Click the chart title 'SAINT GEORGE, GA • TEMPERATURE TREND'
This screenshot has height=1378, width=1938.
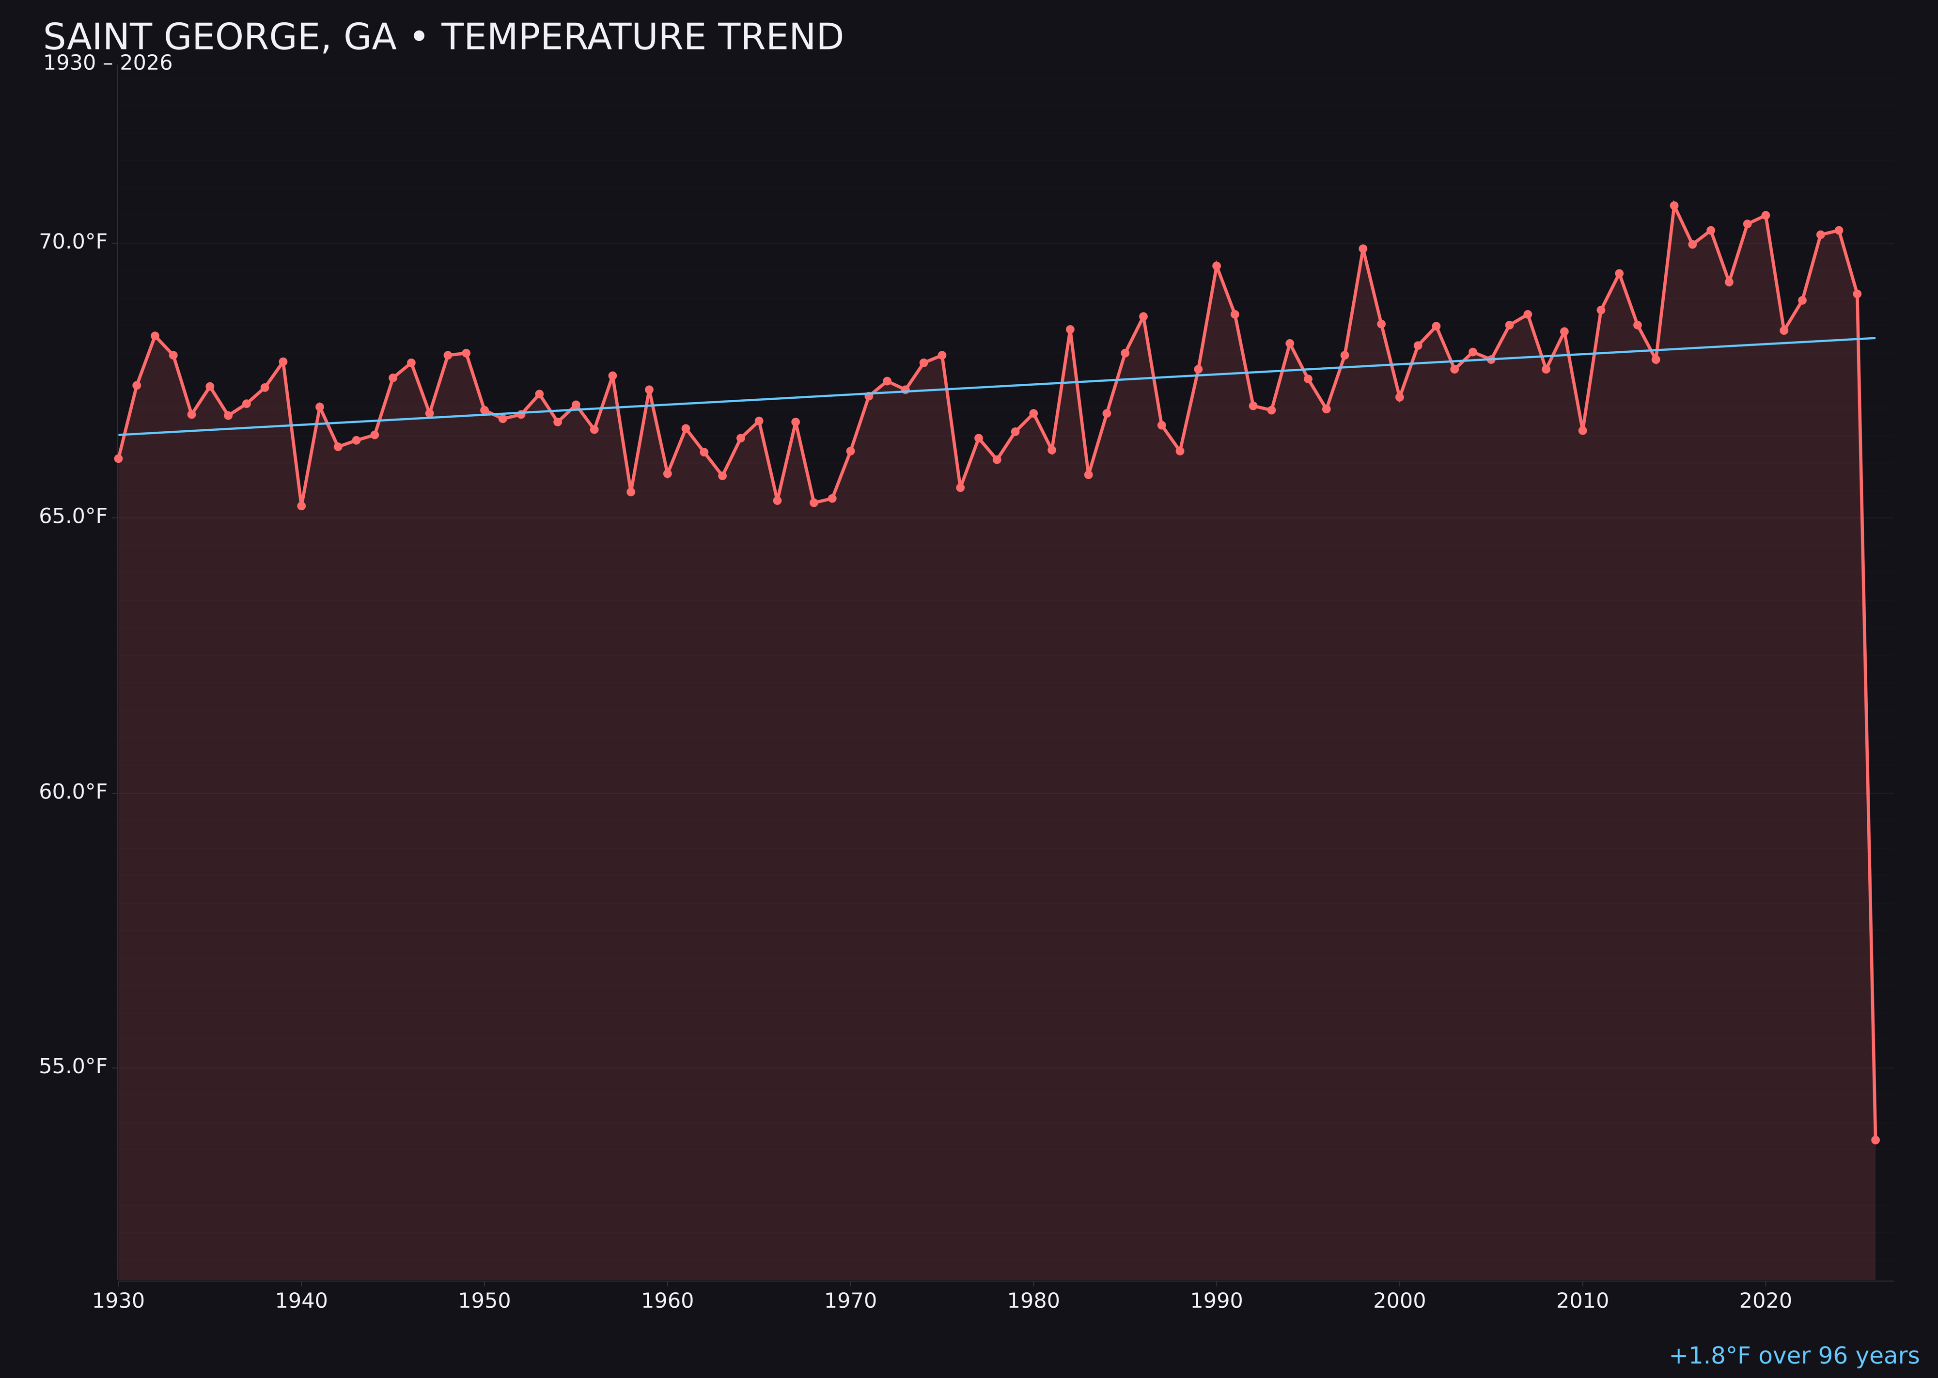(443, 37)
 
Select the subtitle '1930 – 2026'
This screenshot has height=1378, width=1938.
(108, 63)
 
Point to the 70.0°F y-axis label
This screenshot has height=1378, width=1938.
(73, 243)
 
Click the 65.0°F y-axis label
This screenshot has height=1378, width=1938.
(73, 517)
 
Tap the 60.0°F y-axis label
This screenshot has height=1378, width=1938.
(73, 792)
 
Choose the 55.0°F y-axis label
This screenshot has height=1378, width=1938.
(73, 1066)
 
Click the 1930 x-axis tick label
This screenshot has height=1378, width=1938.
(118, 1301)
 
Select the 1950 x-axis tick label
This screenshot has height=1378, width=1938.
(484, 1301)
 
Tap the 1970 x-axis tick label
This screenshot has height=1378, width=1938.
(850, 1301)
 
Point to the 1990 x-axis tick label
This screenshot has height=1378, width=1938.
(1217, 1301)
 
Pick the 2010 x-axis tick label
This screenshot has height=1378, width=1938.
(1582, 1301)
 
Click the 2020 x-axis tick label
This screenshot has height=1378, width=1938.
(1766, 1301)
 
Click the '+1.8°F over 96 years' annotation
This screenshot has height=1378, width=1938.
(1794, 1356)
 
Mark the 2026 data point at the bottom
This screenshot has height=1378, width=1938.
(1875, 1141)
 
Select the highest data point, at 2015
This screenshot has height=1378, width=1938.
(1674, 205)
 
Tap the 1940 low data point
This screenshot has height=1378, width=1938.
(301, 506)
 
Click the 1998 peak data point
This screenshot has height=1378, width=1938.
(1363, 249)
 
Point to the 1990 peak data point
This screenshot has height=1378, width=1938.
(1217, 266)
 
